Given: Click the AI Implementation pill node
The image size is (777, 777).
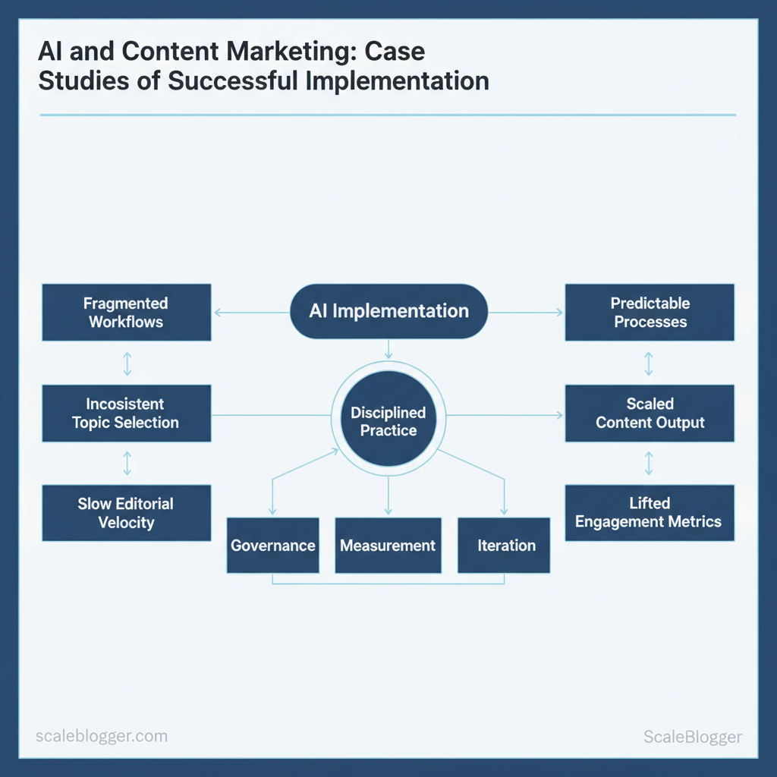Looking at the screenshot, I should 388,311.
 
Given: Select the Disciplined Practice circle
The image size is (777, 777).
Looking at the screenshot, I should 388,422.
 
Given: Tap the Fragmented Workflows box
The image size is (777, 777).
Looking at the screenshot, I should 126,313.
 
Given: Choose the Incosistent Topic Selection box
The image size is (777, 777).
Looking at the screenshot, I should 126,414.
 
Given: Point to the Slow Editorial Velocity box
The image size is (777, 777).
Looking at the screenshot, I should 126,513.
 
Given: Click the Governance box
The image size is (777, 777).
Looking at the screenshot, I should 272,546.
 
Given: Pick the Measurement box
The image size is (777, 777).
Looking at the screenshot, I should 388,546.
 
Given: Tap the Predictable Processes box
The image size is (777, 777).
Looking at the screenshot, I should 650,313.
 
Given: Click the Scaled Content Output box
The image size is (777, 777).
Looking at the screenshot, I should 650,414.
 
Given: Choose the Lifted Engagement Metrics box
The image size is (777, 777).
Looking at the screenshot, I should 650,513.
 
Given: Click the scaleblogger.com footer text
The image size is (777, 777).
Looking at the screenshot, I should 102,736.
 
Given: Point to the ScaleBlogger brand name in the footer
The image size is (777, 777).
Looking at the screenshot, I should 692,736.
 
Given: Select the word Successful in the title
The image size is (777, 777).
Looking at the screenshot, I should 237,80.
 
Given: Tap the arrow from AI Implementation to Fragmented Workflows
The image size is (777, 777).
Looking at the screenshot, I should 251,311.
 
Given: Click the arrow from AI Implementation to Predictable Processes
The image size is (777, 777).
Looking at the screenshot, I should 526,311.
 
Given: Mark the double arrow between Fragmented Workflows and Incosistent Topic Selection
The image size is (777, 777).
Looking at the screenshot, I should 127,363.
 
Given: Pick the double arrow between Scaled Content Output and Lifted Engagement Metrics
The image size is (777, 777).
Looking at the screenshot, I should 649,463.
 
